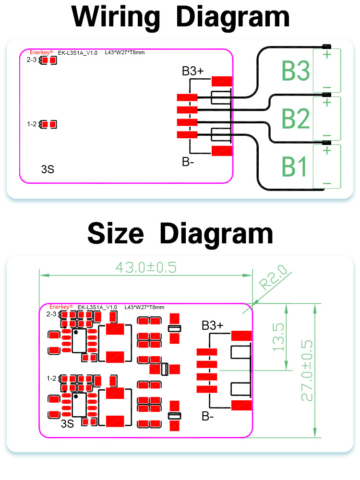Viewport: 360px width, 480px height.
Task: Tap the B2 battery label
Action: click(x=296, y=119)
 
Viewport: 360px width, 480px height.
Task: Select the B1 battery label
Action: click(x=295, y=166)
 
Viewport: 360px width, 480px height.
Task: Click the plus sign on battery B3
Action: click(x=327, y=54)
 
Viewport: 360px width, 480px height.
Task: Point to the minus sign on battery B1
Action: click(x=327, y=183)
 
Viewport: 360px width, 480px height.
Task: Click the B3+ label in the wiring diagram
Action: click(x=192, y=72)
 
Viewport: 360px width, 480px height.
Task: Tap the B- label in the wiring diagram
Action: click(x=188, y=162)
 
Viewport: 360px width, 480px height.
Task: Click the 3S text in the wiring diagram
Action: click(x=48, y=169)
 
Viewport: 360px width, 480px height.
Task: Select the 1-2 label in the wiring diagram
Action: click(x=32, y=124)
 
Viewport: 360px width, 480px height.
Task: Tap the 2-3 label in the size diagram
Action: click(x=51, y=314)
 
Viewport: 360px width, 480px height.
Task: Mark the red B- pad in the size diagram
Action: click(x=241, y=405)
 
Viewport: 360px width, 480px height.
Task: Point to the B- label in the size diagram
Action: click(x=207, y=416)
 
